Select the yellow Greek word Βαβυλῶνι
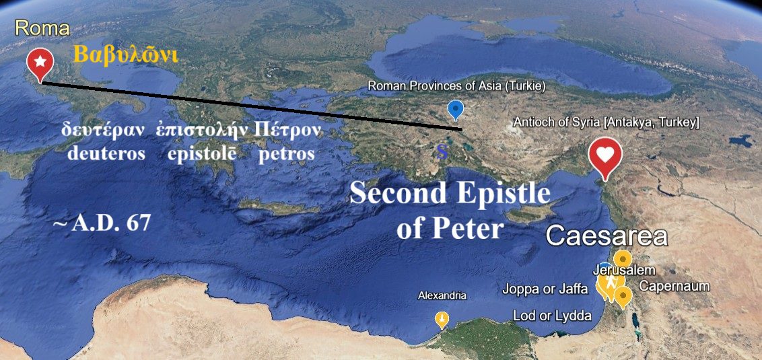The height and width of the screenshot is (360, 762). click(x=125, y=55)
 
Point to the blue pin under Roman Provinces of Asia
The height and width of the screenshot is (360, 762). click(x=456, y=108)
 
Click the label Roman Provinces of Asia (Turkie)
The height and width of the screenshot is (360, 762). click(x=456, y=86)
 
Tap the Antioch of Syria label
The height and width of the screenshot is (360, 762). click(x=606, y=122)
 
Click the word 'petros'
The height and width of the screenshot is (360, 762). click(x=287, y=153)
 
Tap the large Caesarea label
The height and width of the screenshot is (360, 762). click(x=606, y=236)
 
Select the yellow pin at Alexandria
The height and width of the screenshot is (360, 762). click(x=442, y=318)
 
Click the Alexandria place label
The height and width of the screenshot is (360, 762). click(x=442, y=295)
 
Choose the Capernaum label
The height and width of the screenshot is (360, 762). click(x=674, y=286)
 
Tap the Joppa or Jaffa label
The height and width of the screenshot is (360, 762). click(x=545, y=289)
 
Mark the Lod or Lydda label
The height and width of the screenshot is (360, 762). click(x=552, y=316)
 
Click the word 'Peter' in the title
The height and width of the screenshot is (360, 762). click(x=469, y=229)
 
